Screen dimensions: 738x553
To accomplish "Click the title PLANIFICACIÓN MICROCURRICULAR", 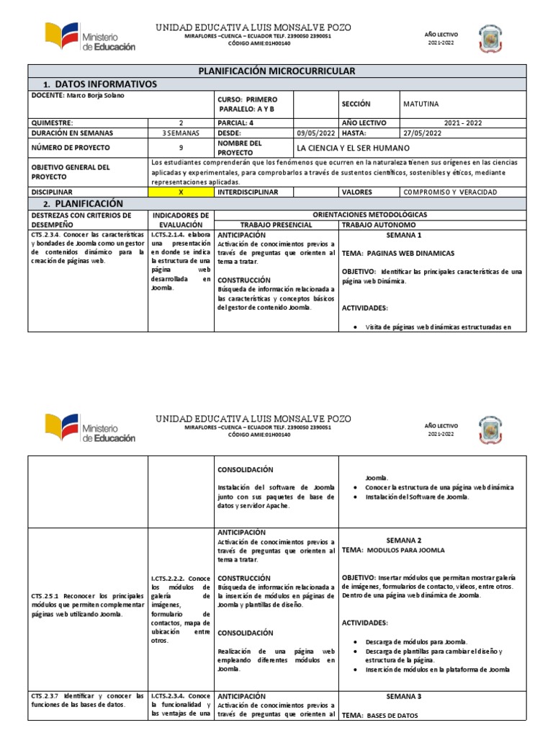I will click(276, 71).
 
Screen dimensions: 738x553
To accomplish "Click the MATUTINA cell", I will click(421, 104).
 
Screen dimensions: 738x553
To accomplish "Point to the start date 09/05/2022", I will click(316, 133).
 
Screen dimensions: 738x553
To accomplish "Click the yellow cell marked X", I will click(181, 192).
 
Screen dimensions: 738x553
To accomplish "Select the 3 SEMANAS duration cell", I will click(181, 133).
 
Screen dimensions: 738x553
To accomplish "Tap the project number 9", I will click(181, 148).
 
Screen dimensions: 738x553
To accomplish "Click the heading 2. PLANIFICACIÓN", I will click(79, 204).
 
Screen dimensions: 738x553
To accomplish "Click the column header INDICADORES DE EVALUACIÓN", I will click(181, 219).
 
